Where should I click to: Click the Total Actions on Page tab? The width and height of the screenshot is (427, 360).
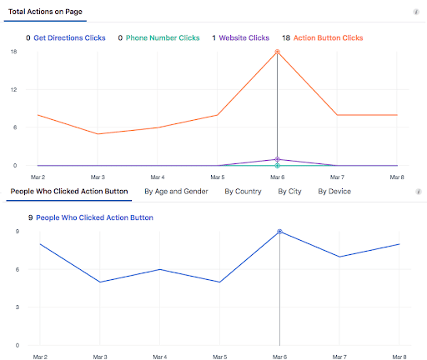coord(46,12)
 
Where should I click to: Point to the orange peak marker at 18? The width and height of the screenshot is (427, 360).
coord(277,52)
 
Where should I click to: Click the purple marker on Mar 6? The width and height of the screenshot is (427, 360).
coord(277,159)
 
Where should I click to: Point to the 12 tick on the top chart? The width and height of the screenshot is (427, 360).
coord(13,89)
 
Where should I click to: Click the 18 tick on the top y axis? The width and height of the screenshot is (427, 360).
coord(13,52)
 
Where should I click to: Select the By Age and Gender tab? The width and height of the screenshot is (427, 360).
coord(176,191)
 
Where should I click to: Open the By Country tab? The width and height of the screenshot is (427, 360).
coord(243,191)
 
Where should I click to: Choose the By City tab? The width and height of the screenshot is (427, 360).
coord(289,191)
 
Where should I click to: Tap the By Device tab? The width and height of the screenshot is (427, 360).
coord(334,191)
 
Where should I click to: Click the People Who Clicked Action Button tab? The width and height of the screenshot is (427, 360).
coord(69,191)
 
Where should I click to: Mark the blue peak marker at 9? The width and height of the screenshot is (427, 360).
coord(279,232)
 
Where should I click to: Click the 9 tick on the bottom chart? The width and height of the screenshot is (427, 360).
coord(17,231)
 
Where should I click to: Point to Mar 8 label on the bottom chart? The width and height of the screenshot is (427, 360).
coord(399,355)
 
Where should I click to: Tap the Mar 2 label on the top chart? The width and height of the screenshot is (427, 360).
coord(38,177)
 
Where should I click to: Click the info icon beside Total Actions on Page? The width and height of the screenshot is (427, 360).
coord(416,12)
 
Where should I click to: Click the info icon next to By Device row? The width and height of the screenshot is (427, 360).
coord(418,191)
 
